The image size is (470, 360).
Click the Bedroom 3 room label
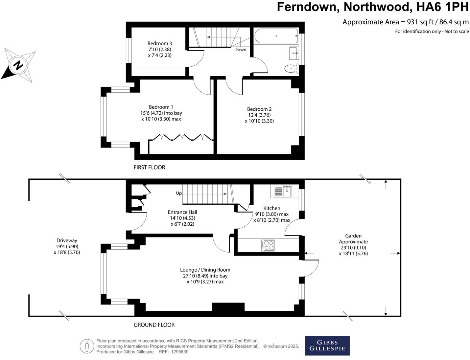pos(160,43)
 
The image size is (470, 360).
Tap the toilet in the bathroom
pos(291,69)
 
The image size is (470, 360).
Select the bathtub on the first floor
pos(276,36)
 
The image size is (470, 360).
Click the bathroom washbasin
pos(294,53)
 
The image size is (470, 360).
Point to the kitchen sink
pos(284,191)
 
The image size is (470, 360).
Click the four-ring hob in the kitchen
pos(268,245)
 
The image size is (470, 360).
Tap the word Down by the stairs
pos(240,50)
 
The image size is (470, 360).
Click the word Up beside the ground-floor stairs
pos(179,193)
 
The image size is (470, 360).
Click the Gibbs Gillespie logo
pos(327,345)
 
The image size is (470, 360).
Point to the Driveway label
pos(67,240)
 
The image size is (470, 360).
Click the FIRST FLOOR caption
pos(149,168)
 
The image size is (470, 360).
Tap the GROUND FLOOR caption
pos(154,325)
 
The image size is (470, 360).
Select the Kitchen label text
pos(272,208)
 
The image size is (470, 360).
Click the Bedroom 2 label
pos(259,109)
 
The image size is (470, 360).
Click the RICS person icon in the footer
pos(87,346)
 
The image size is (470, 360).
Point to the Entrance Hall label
pos(182,212)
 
